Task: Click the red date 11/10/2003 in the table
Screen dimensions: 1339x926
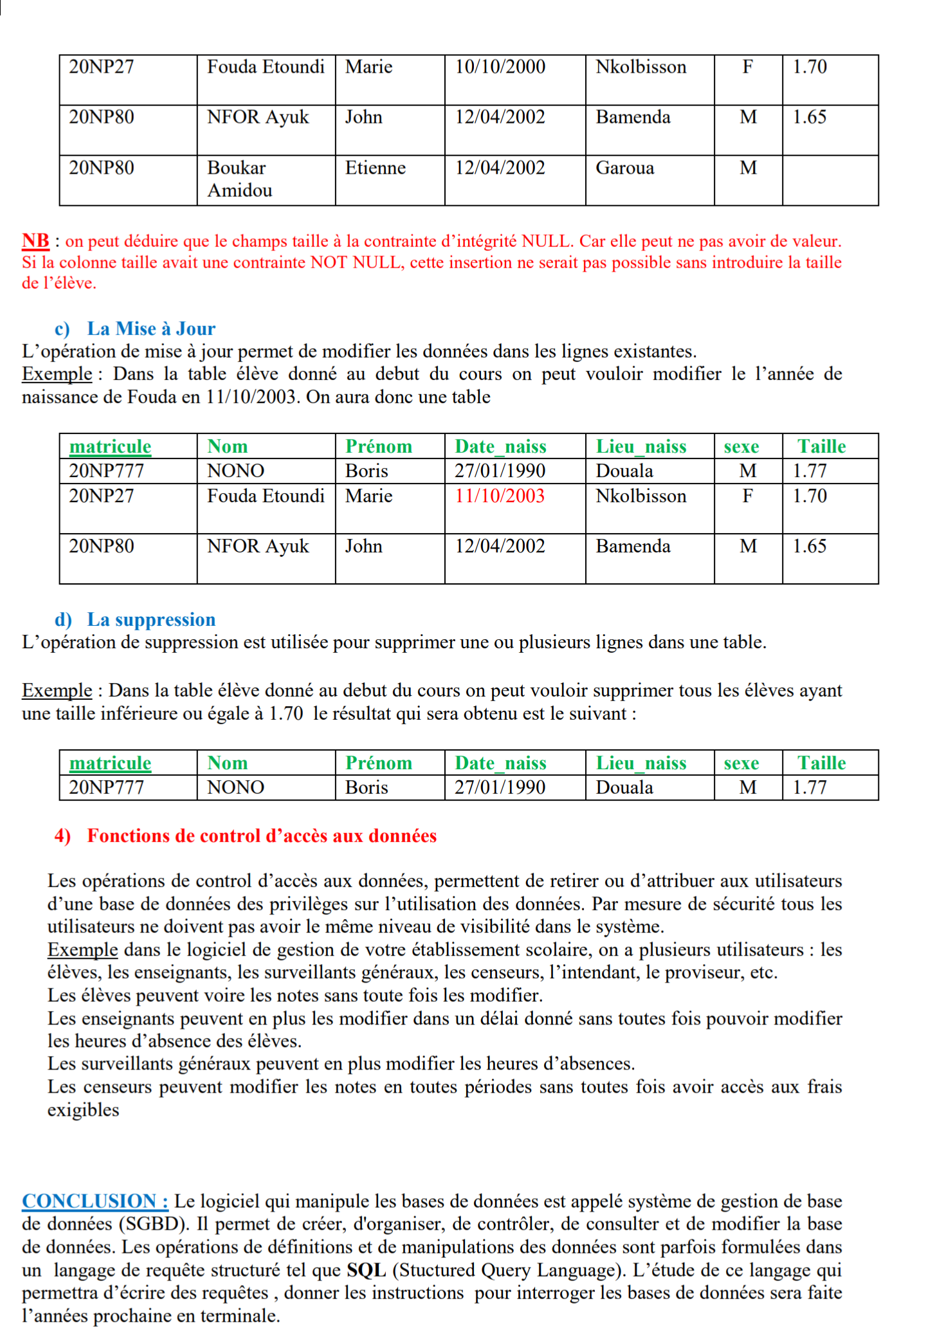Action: pos(500,496)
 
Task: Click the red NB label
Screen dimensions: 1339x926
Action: pos(35,241)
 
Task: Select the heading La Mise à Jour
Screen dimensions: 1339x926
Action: pos(151,329)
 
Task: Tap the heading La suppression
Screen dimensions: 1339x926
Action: pos(151,619)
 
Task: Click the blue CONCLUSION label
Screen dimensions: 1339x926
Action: pos(95,1201)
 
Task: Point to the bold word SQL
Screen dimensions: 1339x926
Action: pos(366,1270)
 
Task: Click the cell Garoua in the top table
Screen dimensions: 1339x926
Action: pos(624,168)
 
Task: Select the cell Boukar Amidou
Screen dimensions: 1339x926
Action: pos(239,179)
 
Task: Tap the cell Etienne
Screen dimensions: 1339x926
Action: pos(376,168)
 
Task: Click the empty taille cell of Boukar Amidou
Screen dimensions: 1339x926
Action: pos(830,180)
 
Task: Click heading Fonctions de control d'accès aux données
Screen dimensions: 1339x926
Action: pos(262,835)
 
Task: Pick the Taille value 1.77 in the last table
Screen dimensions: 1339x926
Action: pos(810,787)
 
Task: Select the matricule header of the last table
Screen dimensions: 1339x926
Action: pos(110,763)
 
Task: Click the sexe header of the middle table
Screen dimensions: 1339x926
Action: pos(741,446)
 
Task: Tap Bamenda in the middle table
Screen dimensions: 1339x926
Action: pos(633,546)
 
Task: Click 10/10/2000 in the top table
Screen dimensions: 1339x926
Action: pos(500,67)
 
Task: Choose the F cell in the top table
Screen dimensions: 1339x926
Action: pos(747,67)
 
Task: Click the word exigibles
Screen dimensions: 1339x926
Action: pos(83,1110)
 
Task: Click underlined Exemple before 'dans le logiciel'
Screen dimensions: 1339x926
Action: pos(82,950)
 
